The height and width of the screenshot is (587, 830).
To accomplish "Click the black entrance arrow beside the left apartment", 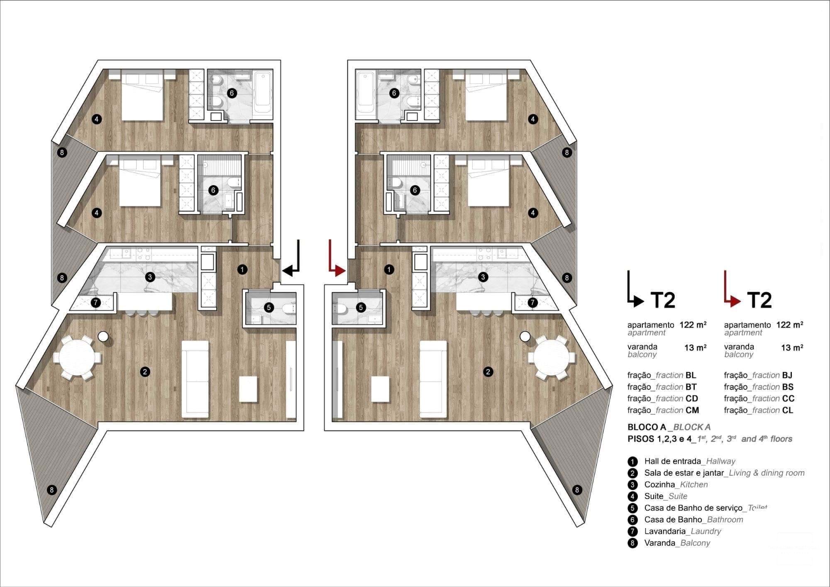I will (x=293, y=266).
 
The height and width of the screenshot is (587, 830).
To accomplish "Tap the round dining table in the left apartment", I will (x=77, y=357).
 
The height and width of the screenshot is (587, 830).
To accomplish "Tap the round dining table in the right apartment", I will (x=552, y=357).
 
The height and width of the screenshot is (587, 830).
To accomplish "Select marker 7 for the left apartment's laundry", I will (x=96, y=303).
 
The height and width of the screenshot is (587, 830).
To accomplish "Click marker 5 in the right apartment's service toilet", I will (x=361, y=308).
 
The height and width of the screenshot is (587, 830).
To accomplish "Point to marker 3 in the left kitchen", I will (x=150, y=277).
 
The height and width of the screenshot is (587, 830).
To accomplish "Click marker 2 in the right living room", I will (x=488, y=372).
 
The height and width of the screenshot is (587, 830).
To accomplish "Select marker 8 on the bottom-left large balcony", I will (x=51, y=490).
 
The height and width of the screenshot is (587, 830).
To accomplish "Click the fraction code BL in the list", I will (x=691, y=375).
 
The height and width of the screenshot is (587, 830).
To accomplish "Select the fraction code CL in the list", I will (x=787, y=410).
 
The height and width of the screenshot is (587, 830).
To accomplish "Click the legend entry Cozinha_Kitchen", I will (x=676, y=484).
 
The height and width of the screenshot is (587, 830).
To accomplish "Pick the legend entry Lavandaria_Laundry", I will (x=682, y=531).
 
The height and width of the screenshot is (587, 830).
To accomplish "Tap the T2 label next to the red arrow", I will (x=759, y=300).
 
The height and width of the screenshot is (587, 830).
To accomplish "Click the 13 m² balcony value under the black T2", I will (x=695, y=348).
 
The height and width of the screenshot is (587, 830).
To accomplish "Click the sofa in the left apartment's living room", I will (x=195, y=379).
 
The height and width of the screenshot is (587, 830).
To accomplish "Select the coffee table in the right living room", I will (x=380, y=389).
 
